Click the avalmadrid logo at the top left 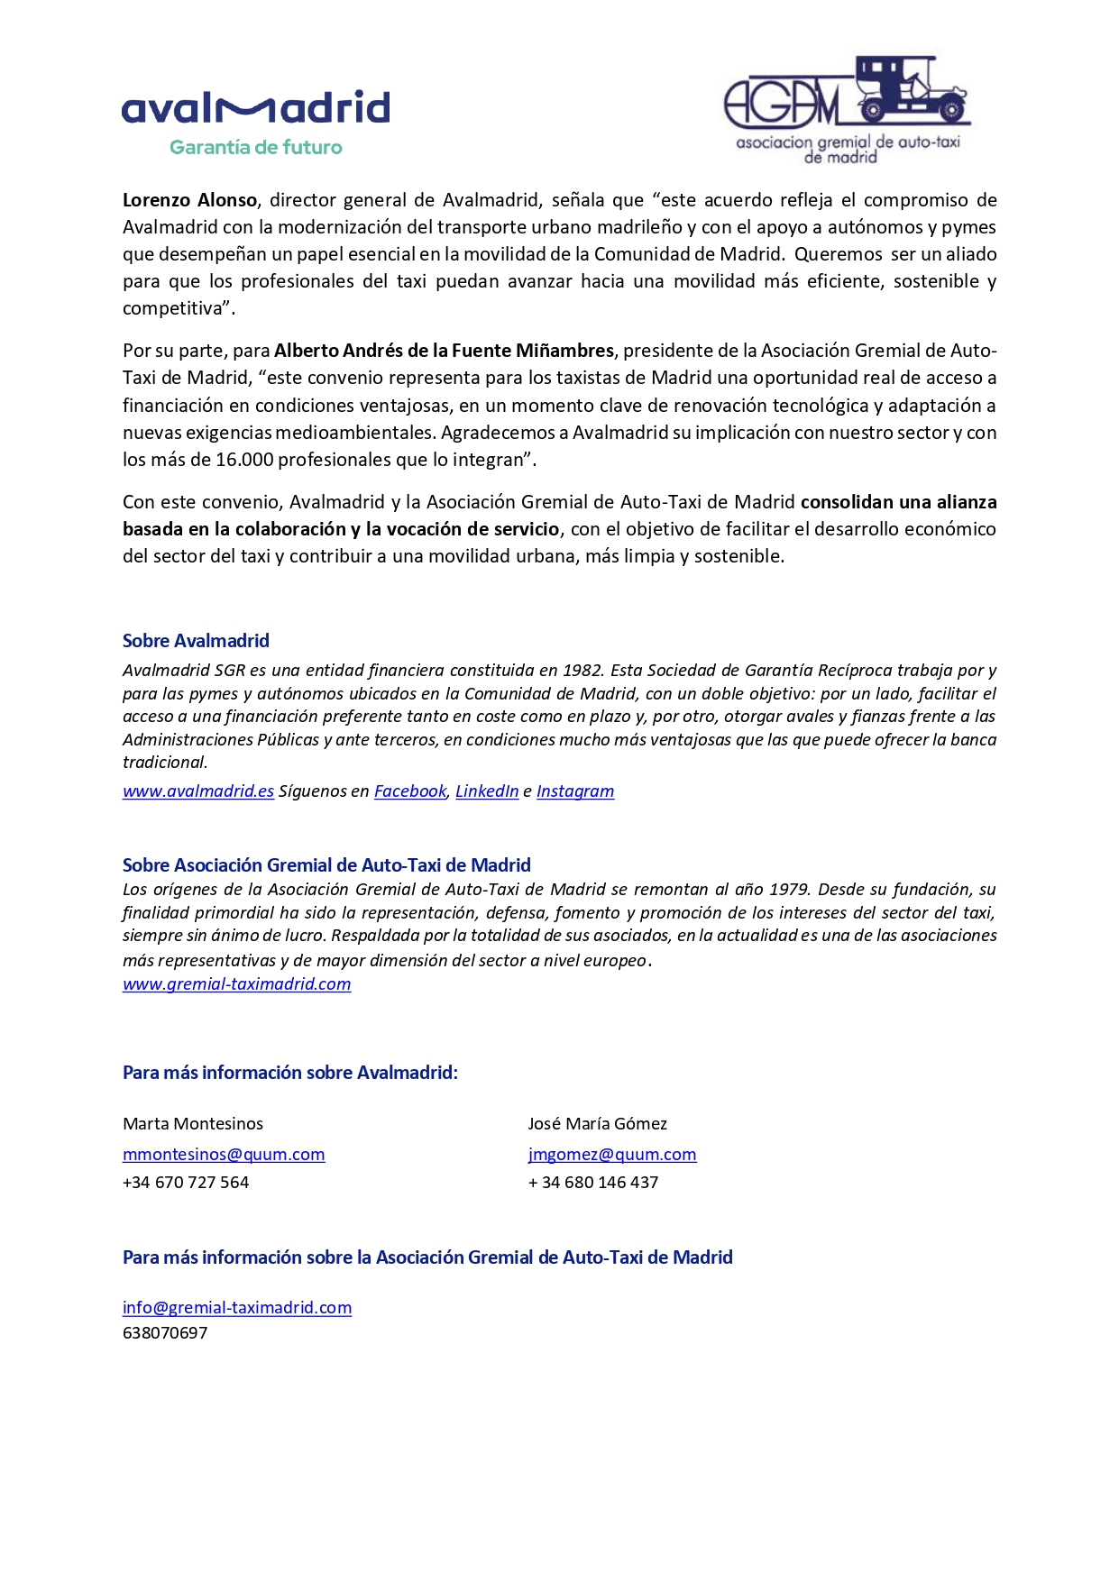point(255,108)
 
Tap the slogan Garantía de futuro point(256,148)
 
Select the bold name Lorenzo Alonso point(190,200)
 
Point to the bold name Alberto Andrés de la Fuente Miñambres point(444,351)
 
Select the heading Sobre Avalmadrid point(196,641)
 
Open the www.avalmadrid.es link point(198,791)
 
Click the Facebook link point(410,791)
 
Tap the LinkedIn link point(487,791)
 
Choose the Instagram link point(575,791)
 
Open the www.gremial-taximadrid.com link point(236,984)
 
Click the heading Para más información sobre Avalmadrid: point(290,1073)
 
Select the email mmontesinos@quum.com point(224,1155)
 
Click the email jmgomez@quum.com point(612,1155)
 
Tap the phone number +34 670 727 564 point(186,1183)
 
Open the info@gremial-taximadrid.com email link point(237,1308)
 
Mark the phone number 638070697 point(165,1333)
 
